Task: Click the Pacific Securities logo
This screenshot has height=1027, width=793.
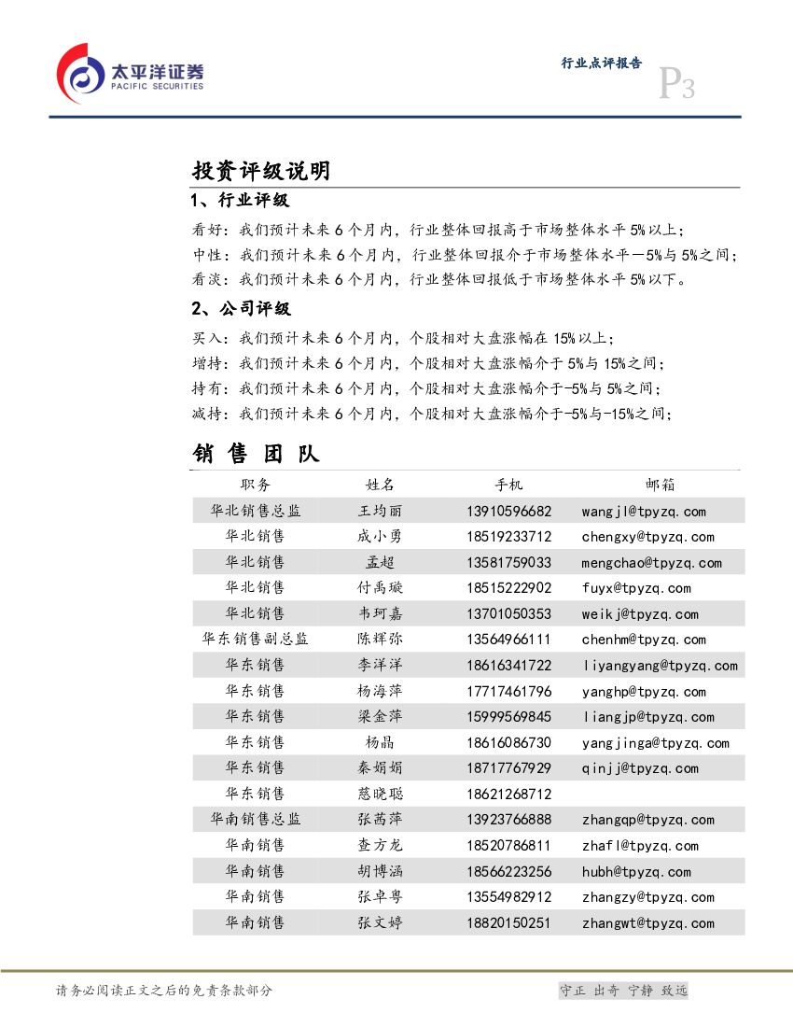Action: tap(130, 74)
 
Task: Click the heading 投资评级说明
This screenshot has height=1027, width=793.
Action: tap(260, 171)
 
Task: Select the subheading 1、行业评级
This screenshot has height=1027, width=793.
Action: tap(239, 201)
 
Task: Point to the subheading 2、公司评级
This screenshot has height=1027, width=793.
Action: tap(241, 308)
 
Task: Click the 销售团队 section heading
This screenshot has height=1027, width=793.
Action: tap(256, 454)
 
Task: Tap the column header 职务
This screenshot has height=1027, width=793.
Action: tap(255, 485)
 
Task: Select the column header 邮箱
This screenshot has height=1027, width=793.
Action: tap(660, 485)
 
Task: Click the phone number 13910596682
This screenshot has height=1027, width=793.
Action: tap(509, 511)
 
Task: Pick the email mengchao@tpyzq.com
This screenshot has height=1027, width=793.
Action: tap(651, 563)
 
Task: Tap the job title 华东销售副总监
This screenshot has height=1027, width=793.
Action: tap(255, 640)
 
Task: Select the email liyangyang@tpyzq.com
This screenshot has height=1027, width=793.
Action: tap(660, 666)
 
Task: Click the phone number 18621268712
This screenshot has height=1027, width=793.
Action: tap(509, 795)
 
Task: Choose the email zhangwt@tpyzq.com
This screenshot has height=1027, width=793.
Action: tap(647, 923)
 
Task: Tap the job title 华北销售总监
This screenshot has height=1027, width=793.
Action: tap(255, 511)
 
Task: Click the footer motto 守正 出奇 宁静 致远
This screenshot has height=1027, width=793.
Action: tap(622, 991)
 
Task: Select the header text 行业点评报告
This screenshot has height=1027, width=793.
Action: tap(601, 63)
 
